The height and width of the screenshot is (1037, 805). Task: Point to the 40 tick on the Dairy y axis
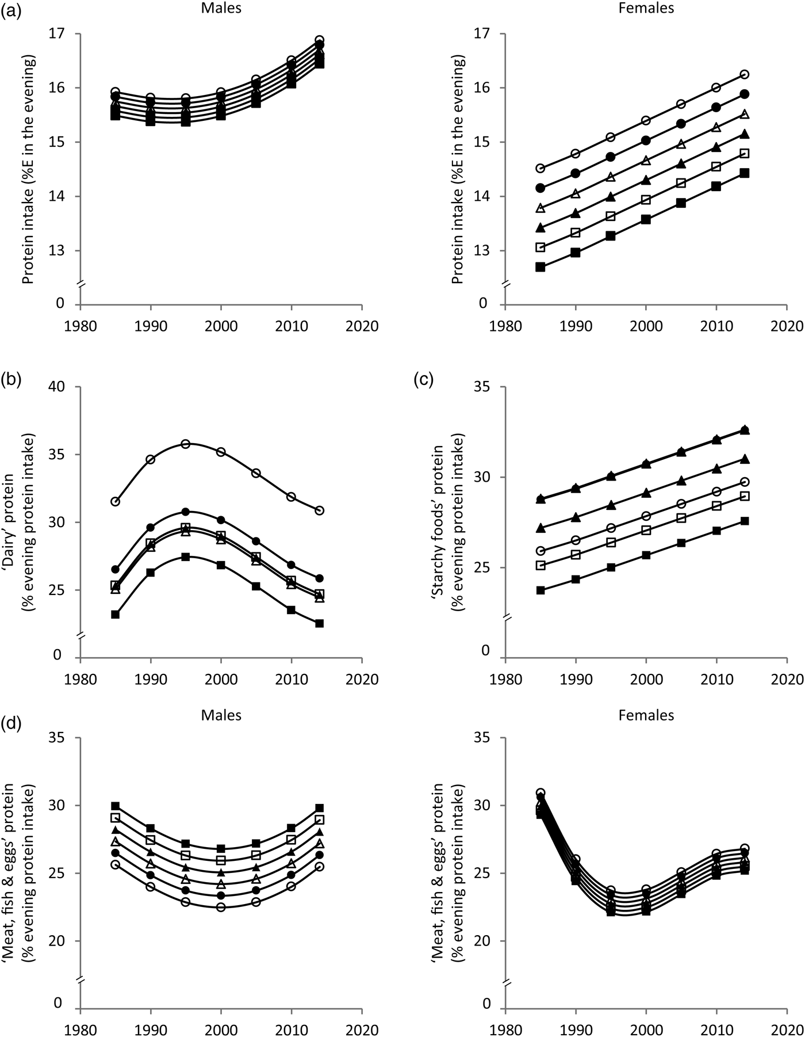62,387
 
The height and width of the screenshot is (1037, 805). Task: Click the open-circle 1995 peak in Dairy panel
186,444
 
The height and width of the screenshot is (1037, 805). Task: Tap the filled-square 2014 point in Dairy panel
320,623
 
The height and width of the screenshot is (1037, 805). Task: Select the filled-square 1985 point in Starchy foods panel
540,590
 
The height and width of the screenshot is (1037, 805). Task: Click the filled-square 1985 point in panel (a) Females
540,266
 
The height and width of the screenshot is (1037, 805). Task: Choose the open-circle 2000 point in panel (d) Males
221,907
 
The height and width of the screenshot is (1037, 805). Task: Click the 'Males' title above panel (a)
221,9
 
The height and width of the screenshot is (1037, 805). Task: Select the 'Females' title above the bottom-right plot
646,715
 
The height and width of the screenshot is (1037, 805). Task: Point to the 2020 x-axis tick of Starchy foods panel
787,678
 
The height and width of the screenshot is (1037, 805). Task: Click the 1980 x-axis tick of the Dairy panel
80,678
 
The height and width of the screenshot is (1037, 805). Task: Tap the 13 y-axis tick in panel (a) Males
62,250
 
